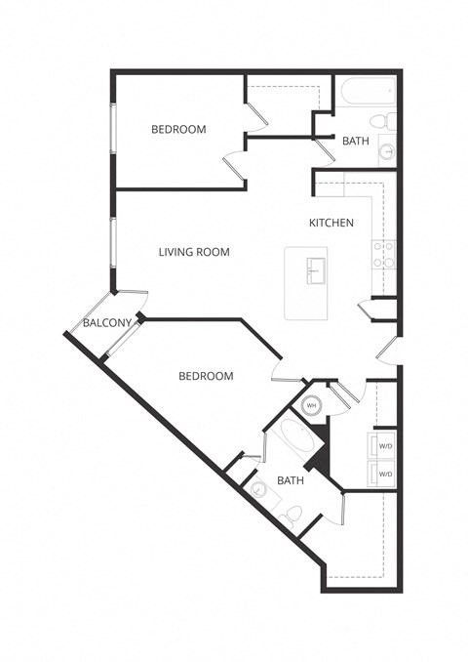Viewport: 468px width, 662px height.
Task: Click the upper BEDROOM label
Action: [x=178, y=129]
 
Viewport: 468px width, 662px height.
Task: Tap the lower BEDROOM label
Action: [x=206, y=376]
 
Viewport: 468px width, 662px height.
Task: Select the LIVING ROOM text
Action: [x=194, y=252]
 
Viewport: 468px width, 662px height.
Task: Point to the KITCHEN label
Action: [x=331, y=223]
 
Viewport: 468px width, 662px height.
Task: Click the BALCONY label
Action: [x=106, y=323]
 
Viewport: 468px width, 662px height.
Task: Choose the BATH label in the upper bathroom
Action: [x=355, y=141]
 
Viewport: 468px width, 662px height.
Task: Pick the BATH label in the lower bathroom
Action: [x=291, y=480]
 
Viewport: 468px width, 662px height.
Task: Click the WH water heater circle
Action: [x=312, y=405]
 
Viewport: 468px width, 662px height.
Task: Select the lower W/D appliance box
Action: [x=384, y=475]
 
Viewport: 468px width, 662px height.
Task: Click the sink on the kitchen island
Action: [x=314, y=269]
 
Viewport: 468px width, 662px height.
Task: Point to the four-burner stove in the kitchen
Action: [x=384, y=255]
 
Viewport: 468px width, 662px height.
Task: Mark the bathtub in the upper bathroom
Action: [x=367, y=95]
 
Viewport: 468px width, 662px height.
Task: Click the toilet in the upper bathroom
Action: [x=389, y=122]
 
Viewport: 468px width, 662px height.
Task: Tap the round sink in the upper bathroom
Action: [x=386, y=152]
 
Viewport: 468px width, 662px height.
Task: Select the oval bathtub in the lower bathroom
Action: [x=295, y=444]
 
